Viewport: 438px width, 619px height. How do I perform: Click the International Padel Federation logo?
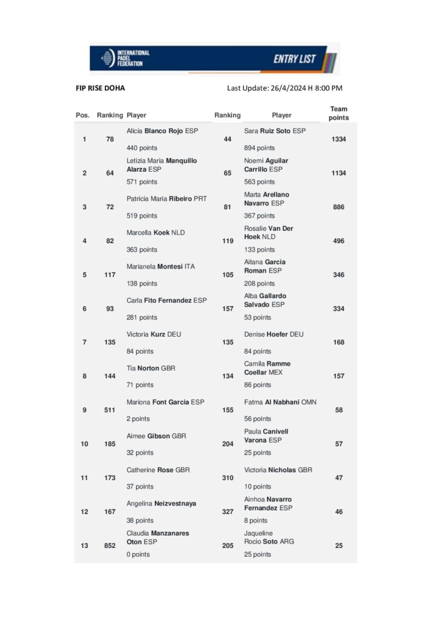[x=126, y=59]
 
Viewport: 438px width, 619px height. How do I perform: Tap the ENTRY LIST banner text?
[x=295, y=59]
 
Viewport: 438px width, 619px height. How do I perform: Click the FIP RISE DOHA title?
[x=100, y=88]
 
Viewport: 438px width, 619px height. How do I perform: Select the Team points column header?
[x=339, y=114]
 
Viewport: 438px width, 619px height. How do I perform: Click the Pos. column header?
[x=83, y=115]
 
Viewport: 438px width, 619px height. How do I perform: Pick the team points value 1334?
[x=339, y=140]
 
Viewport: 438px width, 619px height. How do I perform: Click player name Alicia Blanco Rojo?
[x=162, y=131]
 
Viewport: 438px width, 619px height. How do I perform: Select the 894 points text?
[x=259, y=148]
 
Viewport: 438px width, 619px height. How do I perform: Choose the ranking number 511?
[x=110, y=410]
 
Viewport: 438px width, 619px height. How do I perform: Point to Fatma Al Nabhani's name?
[x=280, y=402]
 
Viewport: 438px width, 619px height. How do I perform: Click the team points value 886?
[x=339, y=207]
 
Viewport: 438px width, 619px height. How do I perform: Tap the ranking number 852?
[x=110, y=546]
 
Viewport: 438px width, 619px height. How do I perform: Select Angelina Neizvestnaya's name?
[x=162, y=504]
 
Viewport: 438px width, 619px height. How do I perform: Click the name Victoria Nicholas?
[x=278, y=470]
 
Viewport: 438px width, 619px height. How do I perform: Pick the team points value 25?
[x=339, y=546]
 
